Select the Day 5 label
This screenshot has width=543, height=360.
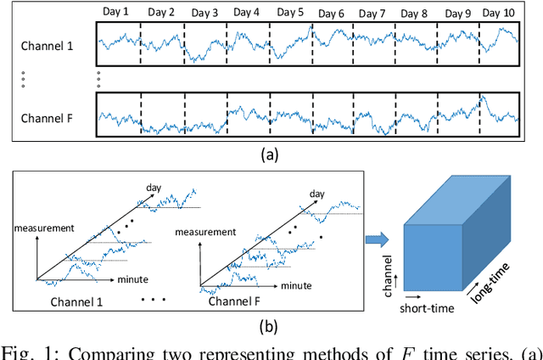pyautogui.click(x=289, y=13)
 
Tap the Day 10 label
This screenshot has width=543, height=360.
pyautogui.click(x=498, y=13)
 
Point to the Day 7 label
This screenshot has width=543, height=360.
pyautogui.click(x=373, y=14)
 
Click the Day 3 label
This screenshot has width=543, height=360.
pyautogui.click(x=204, y=14)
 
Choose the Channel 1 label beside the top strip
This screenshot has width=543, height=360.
pyautogui.click(x=48, y=46)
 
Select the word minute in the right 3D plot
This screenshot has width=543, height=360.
pyautogui.click(x=299, y=286)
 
